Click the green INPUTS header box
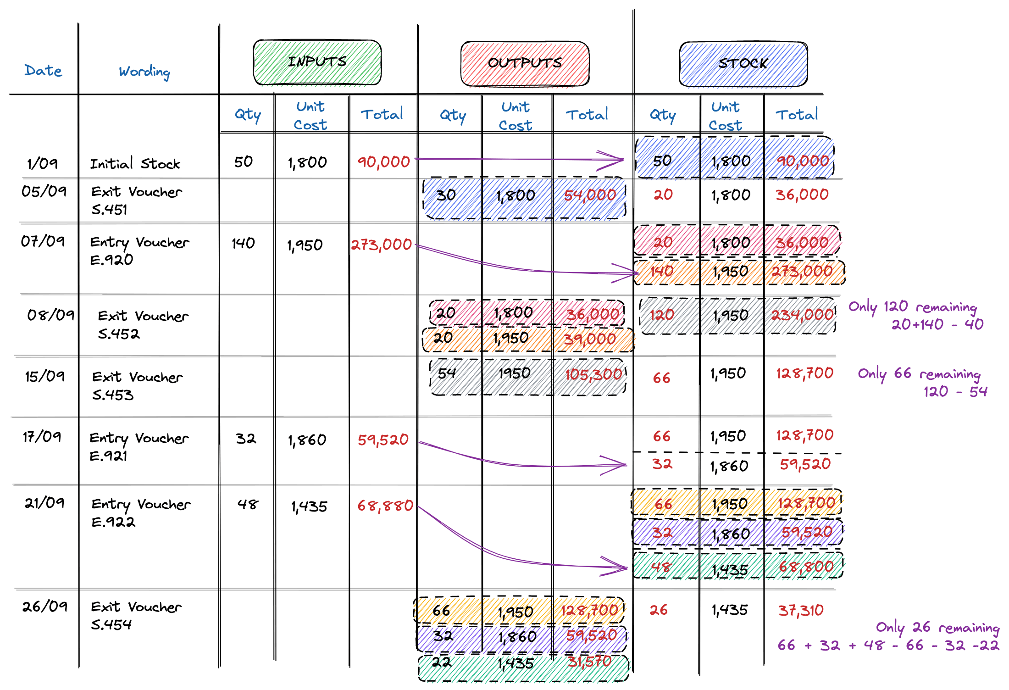317,62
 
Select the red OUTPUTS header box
525,64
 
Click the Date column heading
43,71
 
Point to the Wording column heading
144,72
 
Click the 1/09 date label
42,163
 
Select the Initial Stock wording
135,164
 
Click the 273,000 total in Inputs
382,245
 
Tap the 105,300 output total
593,375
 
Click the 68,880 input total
385,506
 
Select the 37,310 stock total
801,610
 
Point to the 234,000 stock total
802,315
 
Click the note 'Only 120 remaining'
913,307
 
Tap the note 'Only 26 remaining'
937,628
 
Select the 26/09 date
44,607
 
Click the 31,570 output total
590,662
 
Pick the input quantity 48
248,505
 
